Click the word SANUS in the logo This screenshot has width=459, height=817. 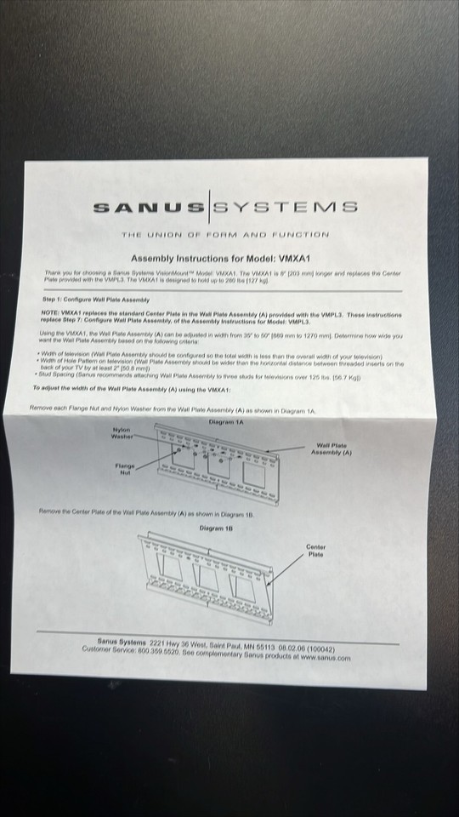pyautogui.click(x=148, y=206)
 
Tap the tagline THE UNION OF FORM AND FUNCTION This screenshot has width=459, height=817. pyautogui.click(x=224, y=234)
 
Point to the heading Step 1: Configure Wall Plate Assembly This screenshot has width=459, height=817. pyautogui.click(x=95, y=300)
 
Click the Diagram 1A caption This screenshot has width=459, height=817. pyautogui.click(x=225, y=422)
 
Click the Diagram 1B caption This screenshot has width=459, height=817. pyautogui.click(x=217, y=528)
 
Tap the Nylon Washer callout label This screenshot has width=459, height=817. pyautogui.click(x=122, y=433)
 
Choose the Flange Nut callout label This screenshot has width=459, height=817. pyautogui.click(x=125, y=468)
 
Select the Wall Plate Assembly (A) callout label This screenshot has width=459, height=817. pyautogui.click(x=333, y=448)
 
